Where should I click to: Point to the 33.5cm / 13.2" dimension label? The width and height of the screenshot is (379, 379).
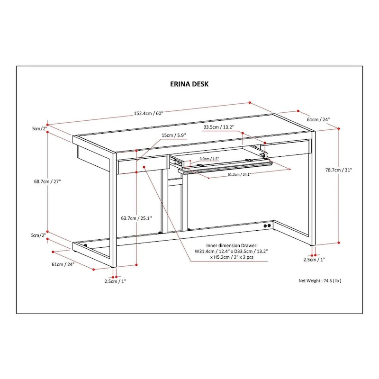click(x=219, y=127)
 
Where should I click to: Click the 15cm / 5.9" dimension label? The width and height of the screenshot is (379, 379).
click(x=173, y=135)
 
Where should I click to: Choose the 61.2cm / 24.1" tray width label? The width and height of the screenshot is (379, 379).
click(x=239, y=175)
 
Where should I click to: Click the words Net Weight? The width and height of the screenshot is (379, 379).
click(x=308, y=280)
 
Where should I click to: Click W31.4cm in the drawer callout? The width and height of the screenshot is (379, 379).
click(x=205, y=251)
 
